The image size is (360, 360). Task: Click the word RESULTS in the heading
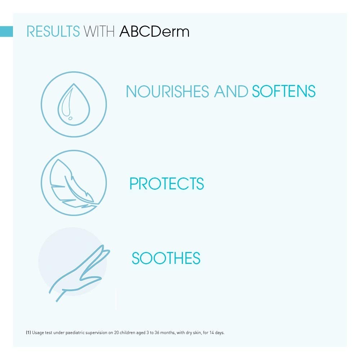click(53, 31)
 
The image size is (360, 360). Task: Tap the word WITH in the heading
click(99, 31)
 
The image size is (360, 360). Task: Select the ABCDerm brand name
click(154, 31)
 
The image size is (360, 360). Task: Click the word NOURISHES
click(168, 91)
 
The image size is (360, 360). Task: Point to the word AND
click(231, 91)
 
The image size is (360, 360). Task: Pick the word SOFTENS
click(284, 91)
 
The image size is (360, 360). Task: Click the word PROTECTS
click(167, 184)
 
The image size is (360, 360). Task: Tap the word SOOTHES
click(166, 258)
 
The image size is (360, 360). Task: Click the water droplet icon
click(74, 104)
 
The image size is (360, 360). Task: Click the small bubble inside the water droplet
click(71, 118)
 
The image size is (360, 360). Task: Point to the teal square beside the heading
click(6, 31)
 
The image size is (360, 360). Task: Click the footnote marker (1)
click(28, 332)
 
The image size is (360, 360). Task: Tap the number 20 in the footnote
click(116, 332)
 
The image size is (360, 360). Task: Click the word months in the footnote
click(168, 332)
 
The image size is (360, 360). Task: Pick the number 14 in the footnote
click(211, 332)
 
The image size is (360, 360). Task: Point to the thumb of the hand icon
click(91, 279)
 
